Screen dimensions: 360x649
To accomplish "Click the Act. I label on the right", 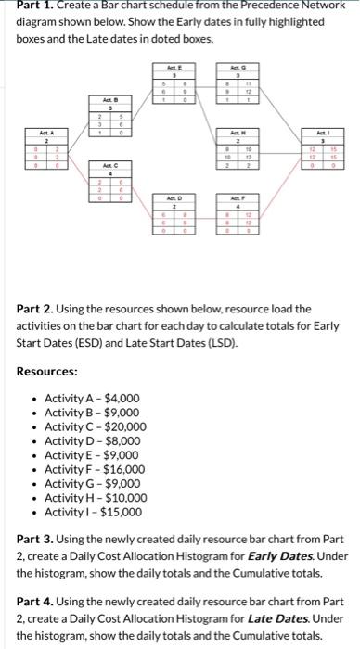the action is click(x=322, y=133).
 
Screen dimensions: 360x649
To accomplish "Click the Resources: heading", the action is click(x=46, y=371).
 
